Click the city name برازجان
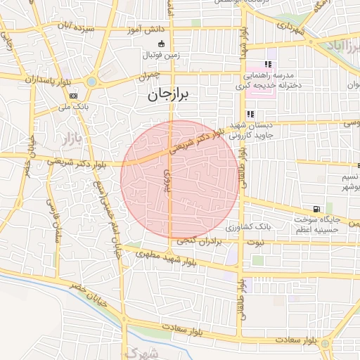tap(169, 96)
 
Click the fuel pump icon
tap(319, 209)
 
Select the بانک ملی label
tap(74, 107)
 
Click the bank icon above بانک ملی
tap(74, 96)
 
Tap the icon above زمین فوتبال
tap(161, 44)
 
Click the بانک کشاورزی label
tap(247, 228)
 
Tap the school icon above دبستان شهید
tap(250, 115)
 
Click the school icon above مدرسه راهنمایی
tap(267, 64)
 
